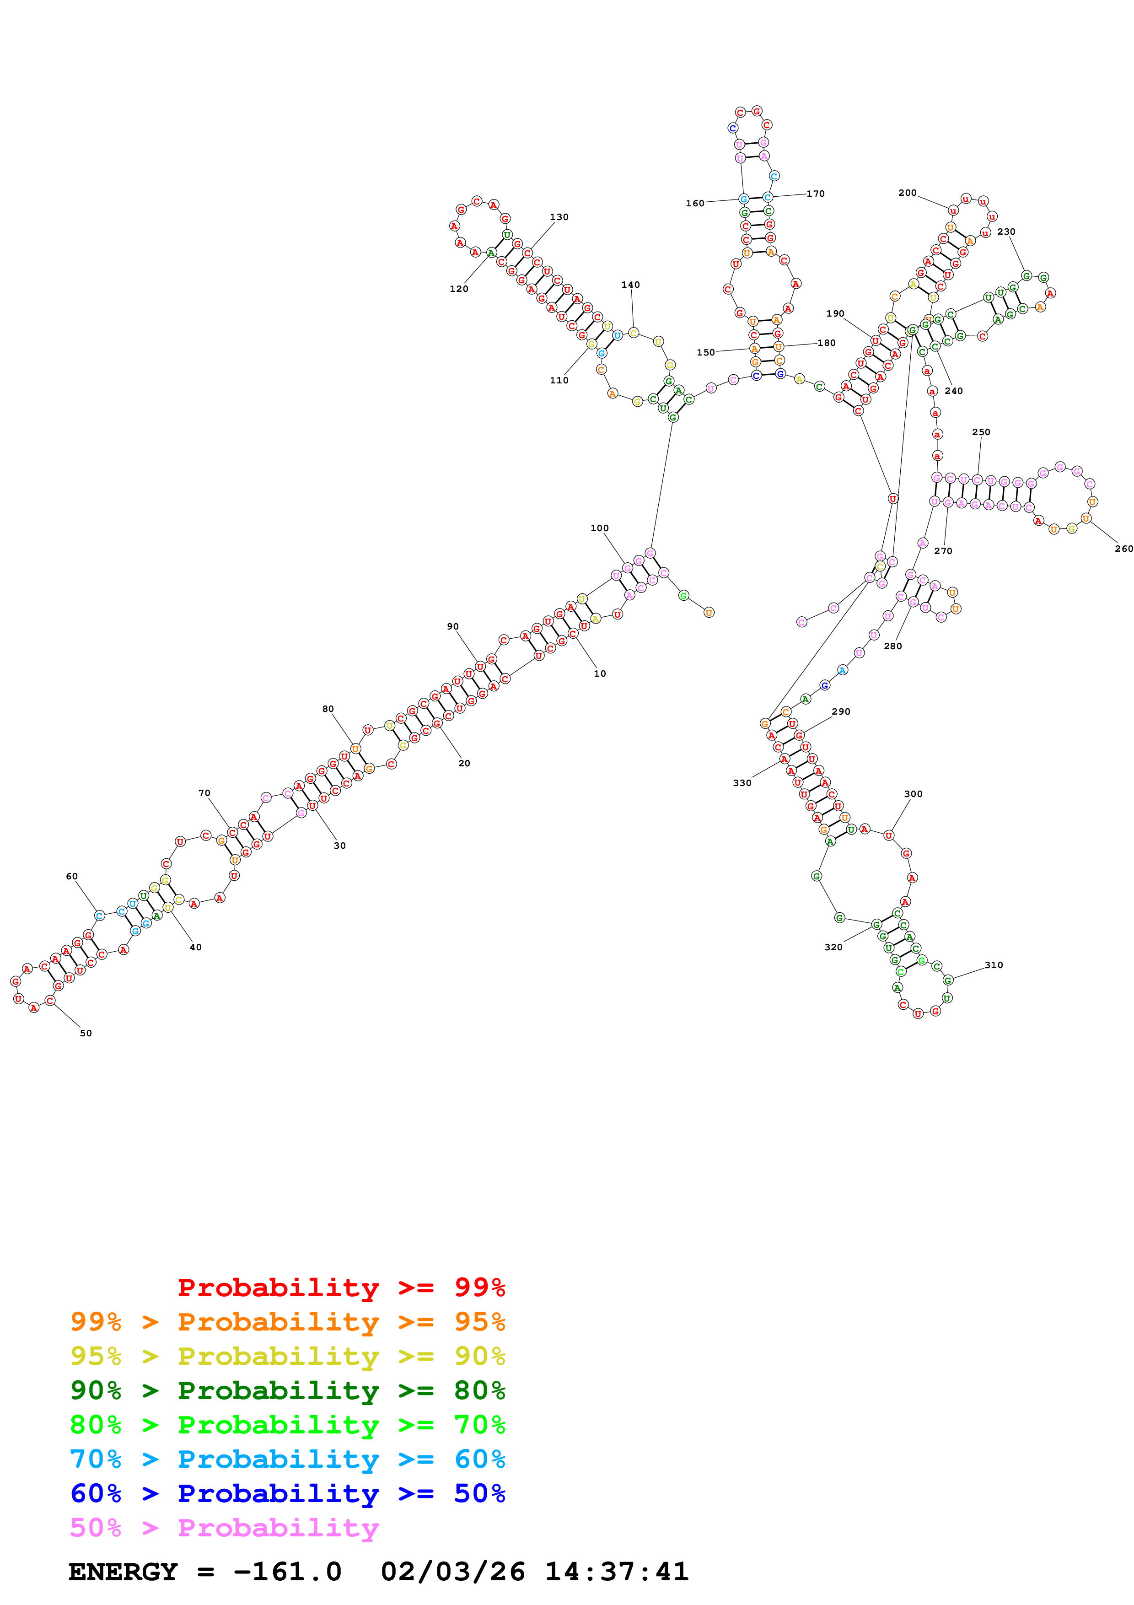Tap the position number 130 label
559,217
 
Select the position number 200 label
907,193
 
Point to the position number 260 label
1123,549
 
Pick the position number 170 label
815,194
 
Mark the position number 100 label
600,528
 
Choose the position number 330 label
742,783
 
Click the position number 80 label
328,709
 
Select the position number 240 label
954,391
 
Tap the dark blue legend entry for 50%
287,1493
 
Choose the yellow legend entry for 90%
287,1356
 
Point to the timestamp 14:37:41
616,1572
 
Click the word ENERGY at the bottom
123,1572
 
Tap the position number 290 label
840,711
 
